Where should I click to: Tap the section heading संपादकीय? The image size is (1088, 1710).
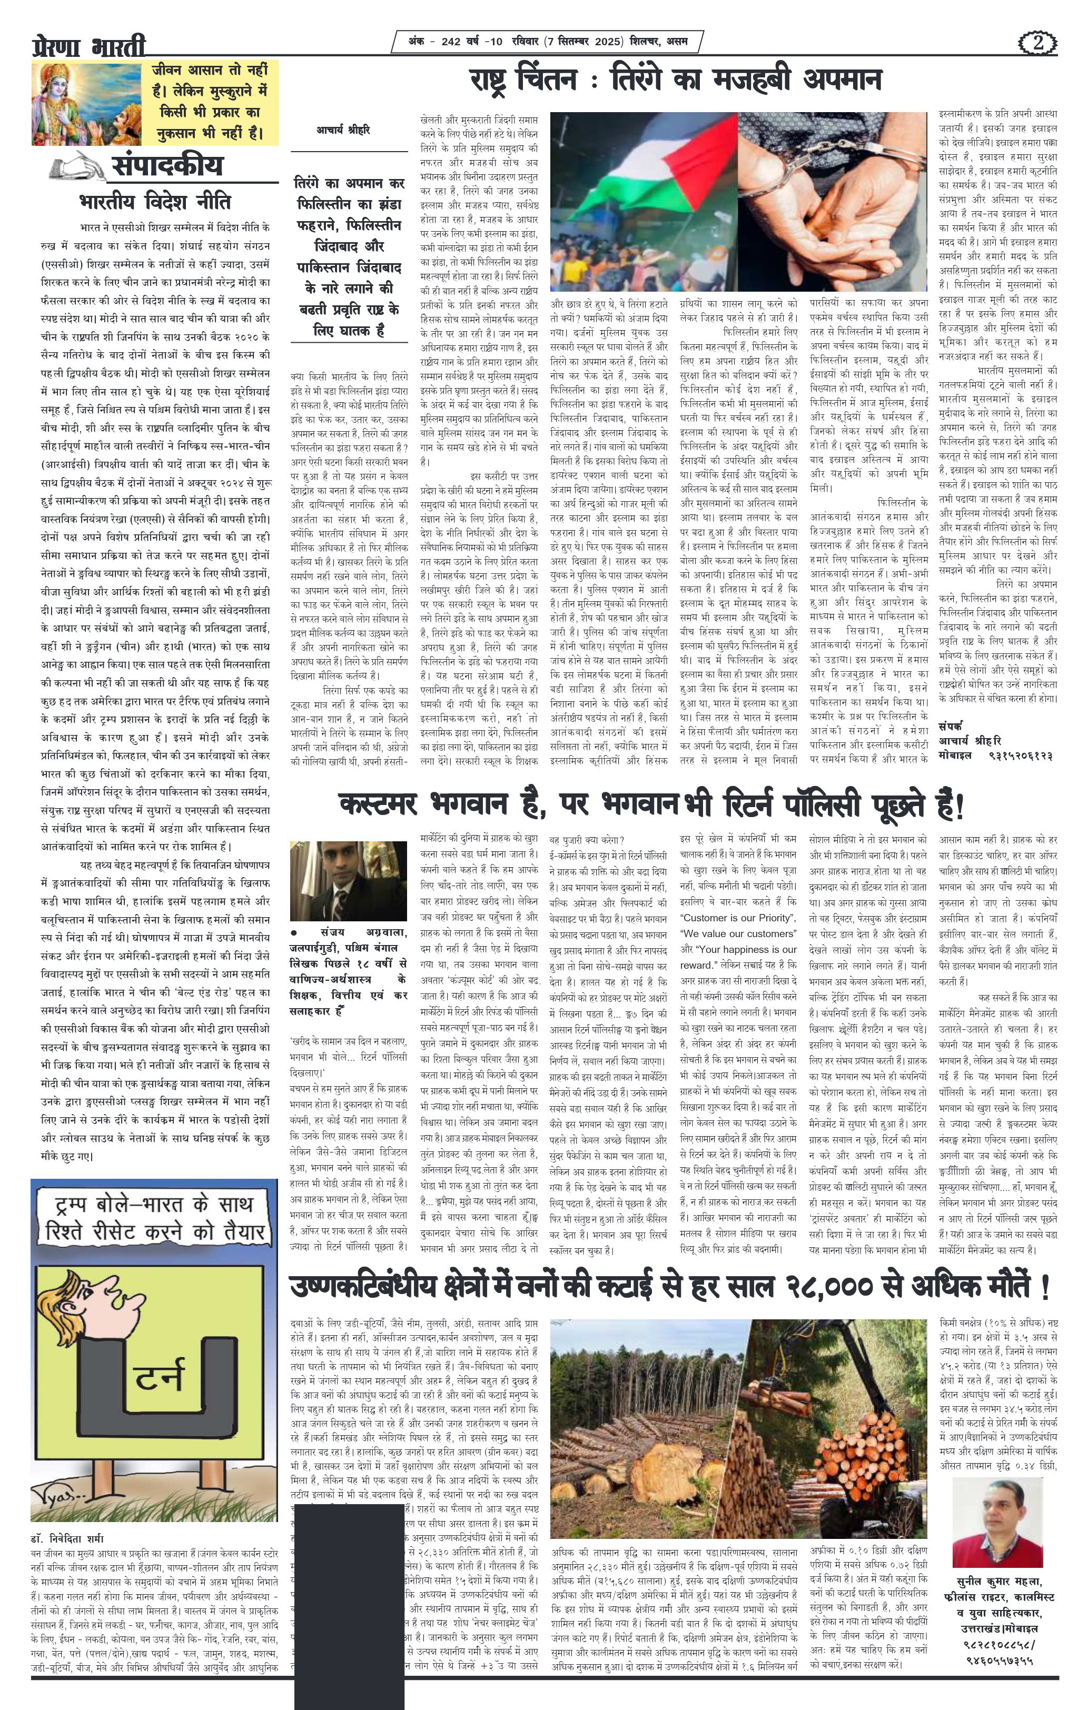(167, 165)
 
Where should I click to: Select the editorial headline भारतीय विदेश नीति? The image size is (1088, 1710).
(155, 201)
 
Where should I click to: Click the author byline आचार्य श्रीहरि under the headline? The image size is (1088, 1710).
(343, 130)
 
